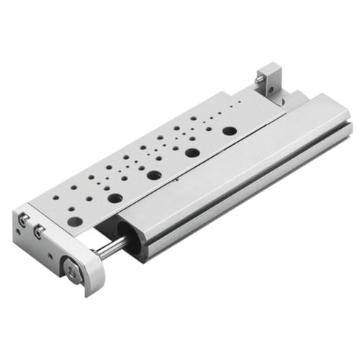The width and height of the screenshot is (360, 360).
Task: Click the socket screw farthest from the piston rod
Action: pos(24,218)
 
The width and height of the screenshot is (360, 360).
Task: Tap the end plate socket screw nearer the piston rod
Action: pos(39,230)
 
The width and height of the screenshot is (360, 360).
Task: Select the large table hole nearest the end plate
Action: pos(75,222)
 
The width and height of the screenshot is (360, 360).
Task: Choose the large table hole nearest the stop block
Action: pos(229,131)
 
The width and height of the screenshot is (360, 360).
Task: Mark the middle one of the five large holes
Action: pos(153,175)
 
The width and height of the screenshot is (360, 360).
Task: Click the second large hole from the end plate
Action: pos(114,197)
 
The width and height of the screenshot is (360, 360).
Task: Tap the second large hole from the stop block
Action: pos(192,153)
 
